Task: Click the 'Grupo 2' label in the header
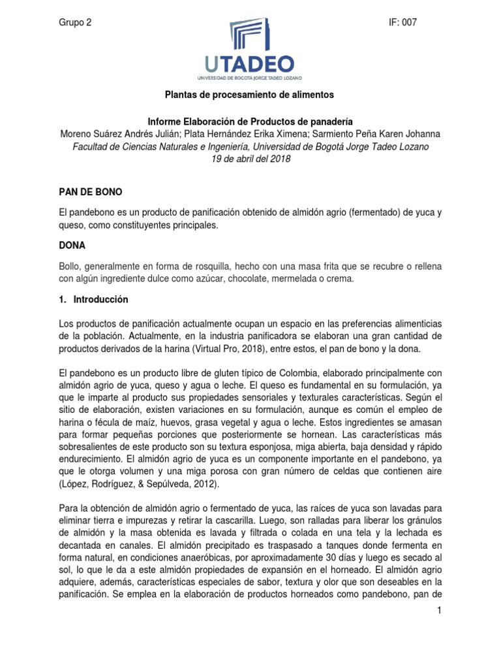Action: tap(75, 22)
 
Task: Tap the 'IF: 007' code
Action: tap(402, 22)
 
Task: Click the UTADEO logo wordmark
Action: tap(250, 64)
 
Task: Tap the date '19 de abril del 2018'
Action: tap(250, 159)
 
